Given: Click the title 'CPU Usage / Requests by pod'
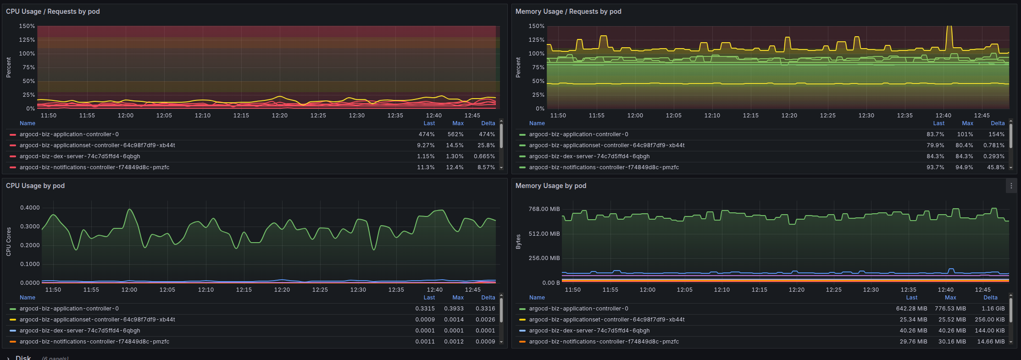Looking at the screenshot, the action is point(53,11).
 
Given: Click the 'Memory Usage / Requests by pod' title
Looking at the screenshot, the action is point(568,11).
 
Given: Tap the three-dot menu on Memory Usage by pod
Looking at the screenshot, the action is point(1011,186).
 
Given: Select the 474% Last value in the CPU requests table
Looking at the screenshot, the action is point(427,134).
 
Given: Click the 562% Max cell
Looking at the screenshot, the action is point(455,134).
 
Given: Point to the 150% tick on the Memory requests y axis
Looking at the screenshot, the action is point(537,26).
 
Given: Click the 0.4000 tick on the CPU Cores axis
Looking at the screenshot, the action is point(30,208).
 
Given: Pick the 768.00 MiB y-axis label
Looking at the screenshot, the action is point(544,209).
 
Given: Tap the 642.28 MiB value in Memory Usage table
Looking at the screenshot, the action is point(911,309).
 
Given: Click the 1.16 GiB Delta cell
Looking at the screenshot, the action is point(993,309).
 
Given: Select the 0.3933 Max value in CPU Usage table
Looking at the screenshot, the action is point(454,309).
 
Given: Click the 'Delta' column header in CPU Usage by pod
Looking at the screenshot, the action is point(488,298).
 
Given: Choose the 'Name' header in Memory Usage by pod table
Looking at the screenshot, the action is point(537,298).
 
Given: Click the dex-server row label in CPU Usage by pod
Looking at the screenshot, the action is point(80,331).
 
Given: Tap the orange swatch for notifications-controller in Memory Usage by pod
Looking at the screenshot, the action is point(522,342).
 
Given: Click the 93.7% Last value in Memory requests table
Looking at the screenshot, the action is point(935,167).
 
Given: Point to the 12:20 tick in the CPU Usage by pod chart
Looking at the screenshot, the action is point(282,290).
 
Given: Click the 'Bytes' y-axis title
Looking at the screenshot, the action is point(518,242).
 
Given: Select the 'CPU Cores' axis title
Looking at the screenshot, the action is point(9,242).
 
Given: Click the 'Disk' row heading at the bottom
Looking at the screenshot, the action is point(23,357).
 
